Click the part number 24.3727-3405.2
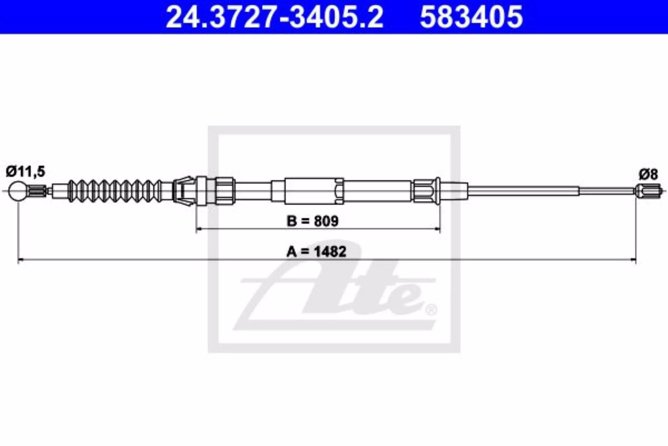[x=274, y=17]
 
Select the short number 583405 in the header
[x=472, y=17]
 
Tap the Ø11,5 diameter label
[x=26, y=172]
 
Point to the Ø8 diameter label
[x=648, y=174]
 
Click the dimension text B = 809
[x=313, y=221]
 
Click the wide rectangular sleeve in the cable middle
[x=314, y=191]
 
